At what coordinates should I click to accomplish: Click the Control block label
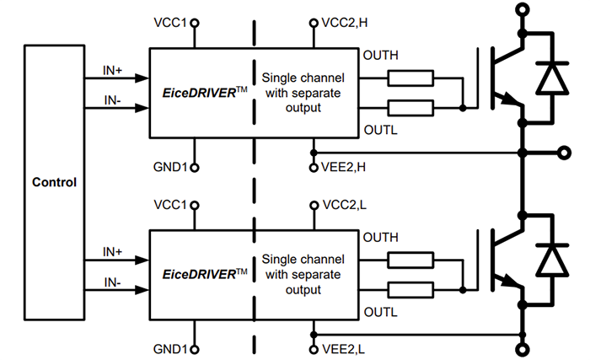pyautogui.click(x=54, y=182)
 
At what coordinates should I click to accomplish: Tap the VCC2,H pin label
pyautogui.click(x=346, y=23)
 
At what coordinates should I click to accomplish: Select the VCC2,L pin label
pyautogui.click(x=345, y=205)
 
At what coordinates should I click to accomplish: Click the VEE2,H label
pyautogui.click(x=345, y=168)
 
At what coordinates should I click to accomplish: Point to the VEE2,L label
pyautogui.click(x=344, y=349)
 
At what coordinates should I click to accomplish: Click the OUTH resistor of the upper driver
pyautogui.click(x=410, y=79)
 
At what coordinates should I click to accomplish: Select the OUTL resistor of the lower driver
pyautogui.click(x=410, y=290)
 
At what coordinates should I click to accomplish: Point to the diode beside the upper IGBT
pyautogui.click(x=553, y=78)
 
